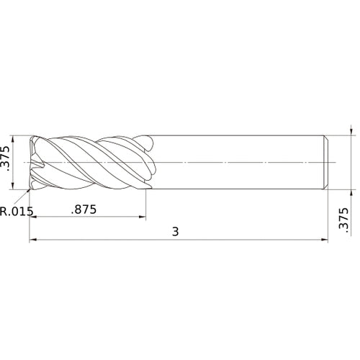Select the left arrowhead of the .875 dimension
click(x=34, y=218)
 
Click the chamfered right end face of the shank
click(x=326, y=163)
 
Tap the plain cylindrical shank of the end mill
click(x=238, y=163)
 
